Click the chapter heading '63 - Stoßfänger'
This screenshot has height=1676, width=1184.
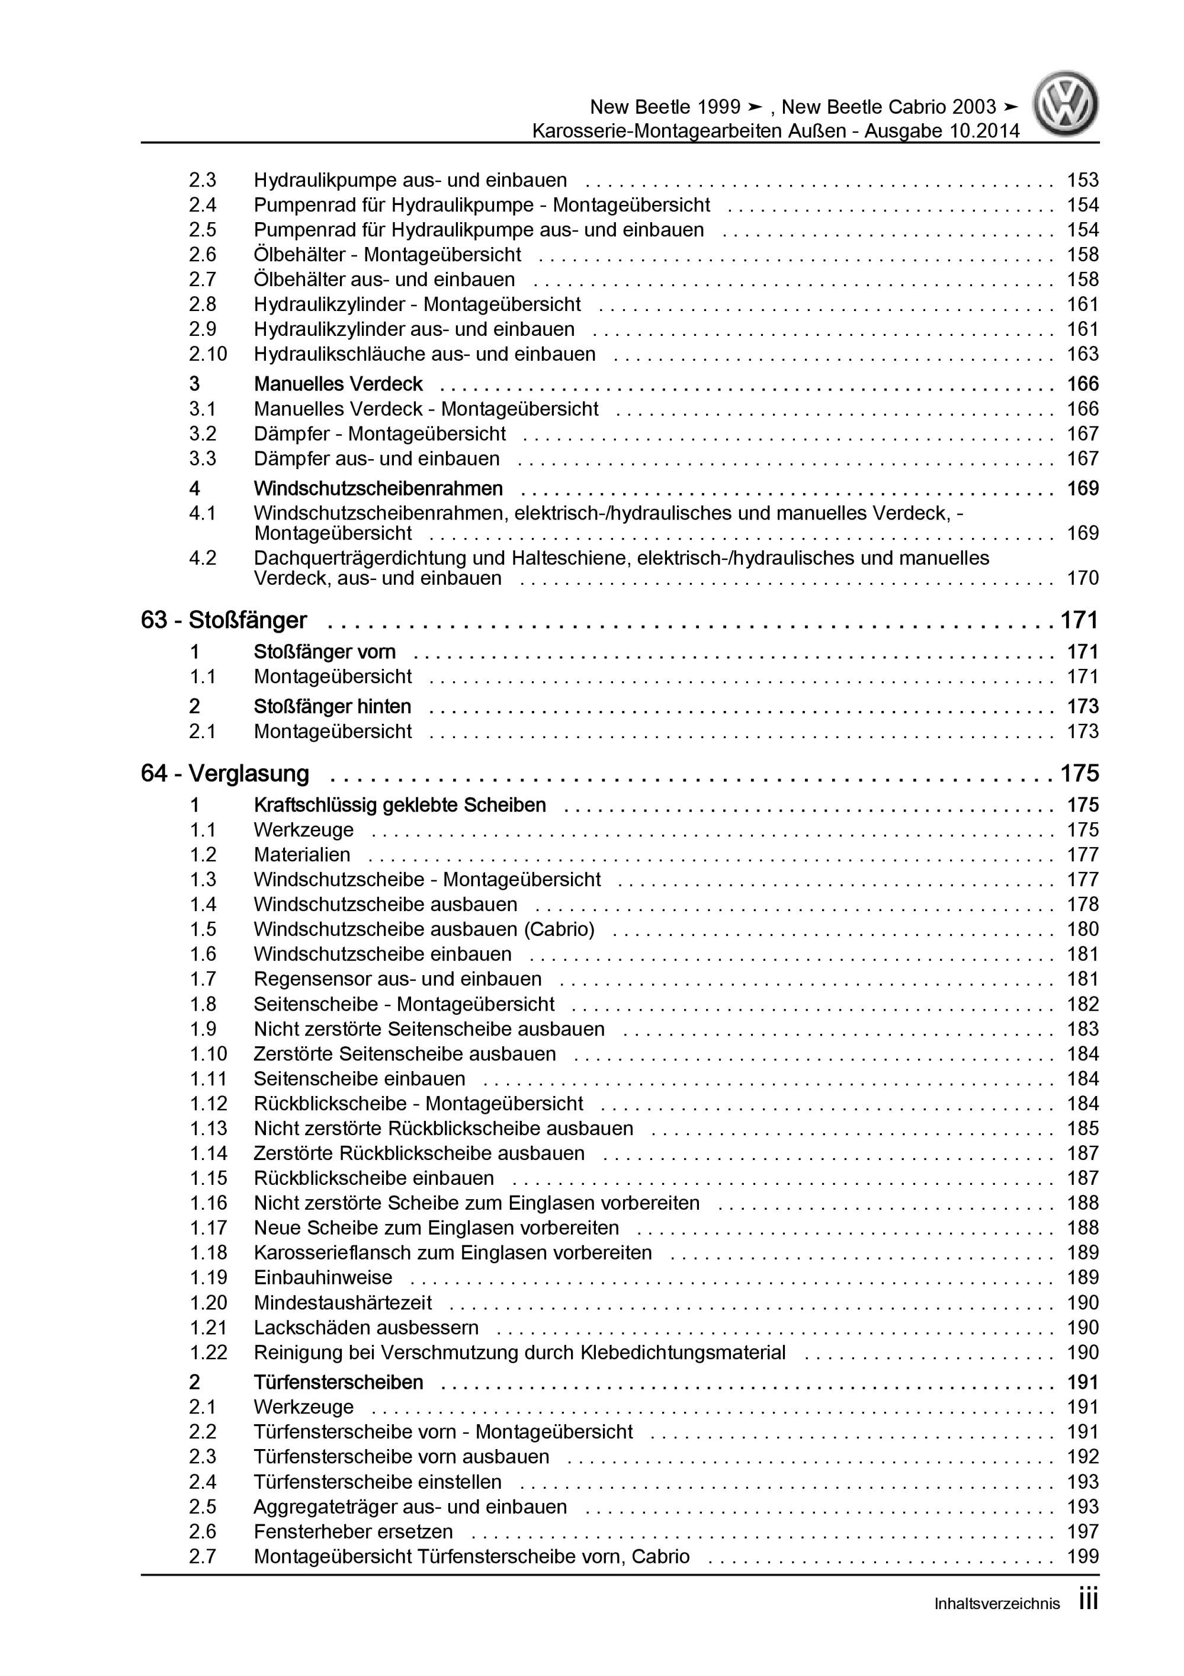click(x=223, y=620)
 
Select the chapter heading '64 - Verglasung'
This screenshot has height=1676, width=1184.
click(x=225, y=774)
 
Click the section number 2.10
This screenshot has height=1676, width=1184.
click(x=208, y=354)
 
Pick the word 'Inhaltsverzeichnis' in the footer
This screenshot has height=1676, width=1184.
click(x=996, y=1625)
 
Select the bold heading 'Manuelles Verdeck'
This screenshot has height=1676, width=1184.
click(x=338, y=384)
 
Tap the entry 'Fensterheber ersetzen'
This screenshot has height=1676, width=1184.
click(x=353, y=1531)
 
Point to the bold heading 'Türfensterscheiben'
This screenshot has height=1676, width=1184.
click(x=338, y=1383)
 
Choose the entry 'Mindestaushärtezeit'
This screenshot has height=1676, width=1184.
click(x=342, y=1302)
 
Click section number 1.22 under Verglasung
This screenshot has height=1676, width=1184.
click(x=208, y=1353)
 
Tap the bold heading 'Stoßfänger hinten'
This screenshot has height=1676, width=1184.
click(x=332, y=707)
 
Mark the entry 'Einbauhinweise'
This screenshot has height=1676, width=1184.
click(x=323, y=1277)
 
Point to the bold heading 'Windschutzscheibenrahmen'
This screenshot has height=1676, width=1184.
click(x=378, y=488)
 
